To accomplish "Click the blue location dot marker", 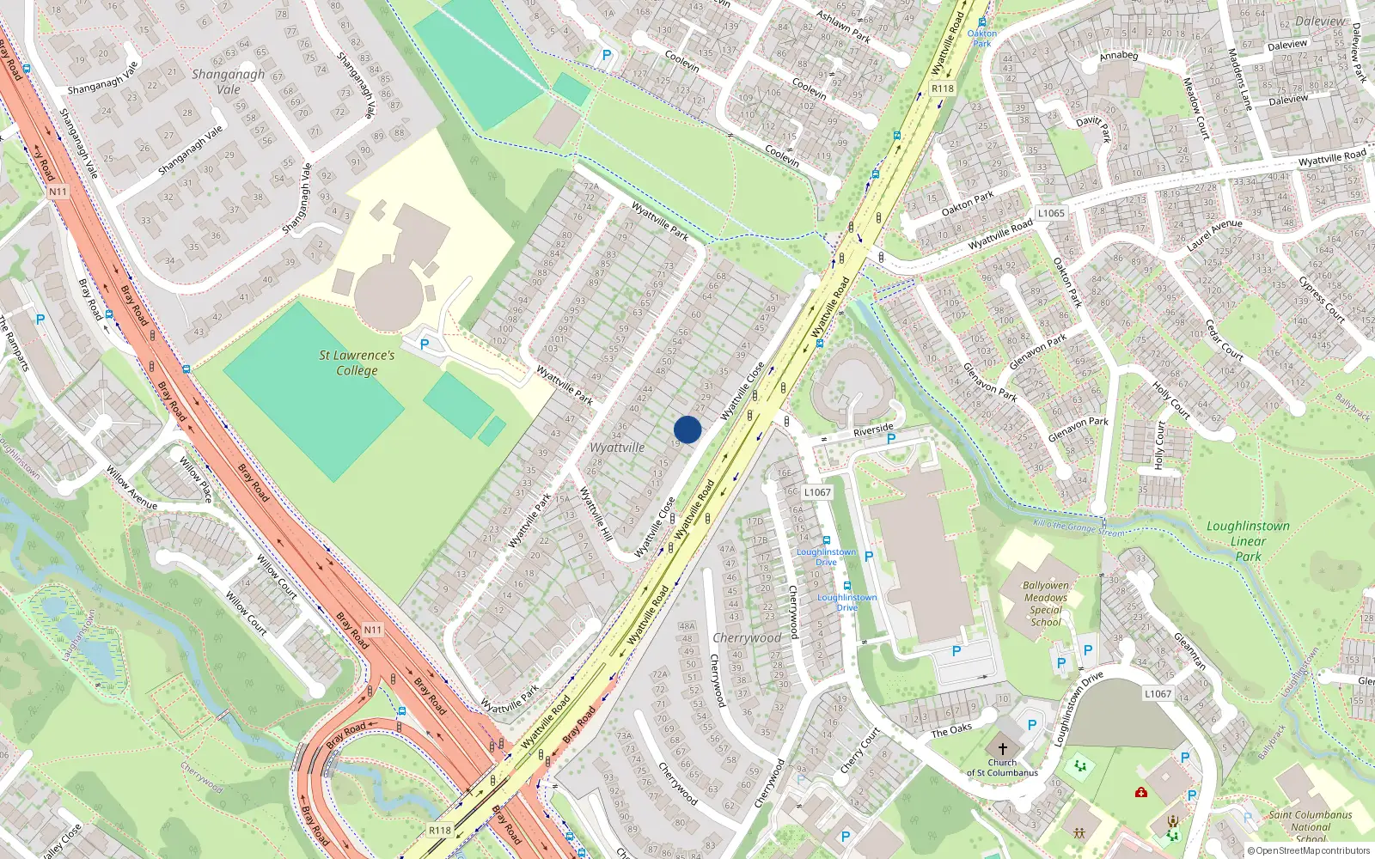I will tap(687, 429).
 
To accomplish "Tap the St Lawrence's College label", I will tap(357, 362).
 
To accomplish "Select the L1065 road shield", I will tap(1051, 213).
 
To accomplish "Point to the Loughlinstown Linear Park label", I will tap(1248, 540).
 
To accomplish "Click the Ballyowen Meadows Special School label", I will tap(1046, 603).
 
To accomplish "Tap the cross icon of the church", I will tap(1002, 749).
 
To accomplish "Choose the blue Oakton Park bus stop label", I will tap(982, 38).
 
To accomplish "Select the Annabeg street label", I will tap(1119, 56).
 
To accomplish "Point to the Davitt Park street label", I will tap(1093, 128).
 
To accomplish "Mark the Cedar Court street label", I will tap(1225, 339).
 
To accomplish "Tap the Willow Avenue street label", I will tap(131, 488).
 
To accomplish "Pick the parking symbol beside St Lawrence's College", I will tap(424, 344).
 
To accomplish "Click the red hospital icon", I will tap(1141, 792).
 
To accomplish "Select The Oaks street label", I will tap(951, 730).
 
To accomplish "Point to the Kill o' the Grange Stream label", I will tap(1079, 527).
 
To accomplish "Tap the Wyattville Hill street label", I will tap(596, 514).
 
